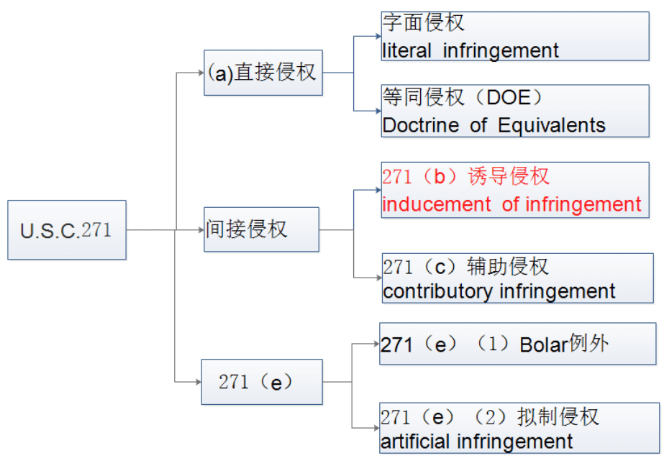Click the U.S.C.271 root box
pyautogui.click(x=67, y=230)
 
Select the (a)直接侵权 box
pyautogui.click(x=263, y=73)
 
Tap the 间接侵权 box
pyautogui.click(x=261, y=229)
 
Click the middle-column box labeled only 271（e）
pyautogui.click(x=262, y=382)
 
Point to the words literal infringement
pyautogui.click(x=470, y=51)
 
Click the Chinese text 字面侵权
pyautogui.click(x=423, y=22)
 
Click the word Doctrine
pyautogui.click(x=421, y=125)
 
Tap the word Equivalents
pyautogui.click(x=551, y=125)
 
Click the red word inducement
pyautogui.click(x=436, y=204)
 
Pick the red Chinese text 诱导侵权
pyautogui.click(x=508, y=176)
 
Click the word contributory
pyautogui.click(x=437, y=292)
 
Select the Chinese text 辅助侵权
pyautogui.click(x=508, y=267)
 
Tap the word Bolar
pyautogui.click(x=544, y=344)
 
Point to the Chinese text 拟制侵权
pyautogui.click(x=558, y=417)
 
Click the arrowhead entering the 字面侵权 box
pyautogui.click(x=378, y=37)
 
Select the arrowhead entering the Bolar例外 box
pyautogui.click(x=376, y=344)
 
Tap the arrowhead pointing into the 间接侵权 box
pyautogui.click(x=201, y=230)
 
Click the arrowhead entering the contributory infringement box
pyautogui.click(x=378, y=278)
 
